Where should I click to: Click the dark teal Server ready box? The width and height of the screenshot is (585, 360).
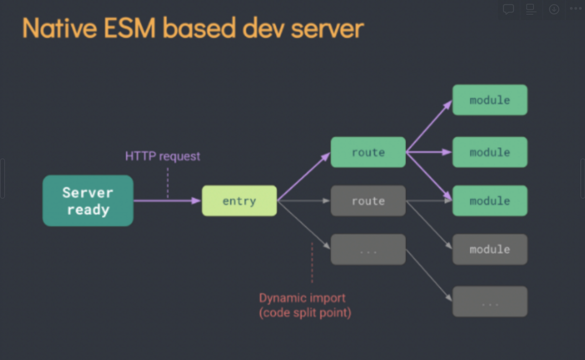(88, 201)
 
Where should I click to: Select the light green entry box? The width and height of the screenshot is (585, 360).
(239, 201)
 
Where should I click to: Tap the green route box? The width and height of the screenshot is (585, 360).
(368, 152)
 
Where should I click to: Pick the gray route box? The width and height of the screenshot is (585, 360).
(368, 201)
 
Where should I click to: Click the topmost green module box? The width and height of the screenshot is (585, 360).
(490, 100)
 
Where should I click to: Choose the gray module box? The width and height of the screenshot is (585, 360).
(490, 249)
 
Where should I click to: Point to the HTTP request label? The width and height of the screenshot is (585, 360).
(162, 156)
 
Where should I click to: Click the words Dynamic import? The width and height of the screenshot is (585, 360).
(302, 298)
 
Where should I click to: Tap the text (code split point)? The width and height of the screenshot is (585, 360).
(305, 313)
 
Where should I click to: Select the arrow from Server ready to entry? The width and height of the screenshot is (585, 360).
(168, 201)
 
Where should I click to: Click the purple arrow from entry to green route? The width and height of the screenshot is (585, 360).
(304, 176)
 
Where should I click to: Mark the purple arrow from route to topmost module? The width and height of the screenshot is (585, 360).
(429, 126)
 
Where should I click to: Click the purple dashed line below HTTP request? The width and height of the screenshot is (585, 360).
(168, 182)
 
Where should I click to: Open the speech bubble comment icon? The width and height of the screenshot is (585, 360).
(508, 9)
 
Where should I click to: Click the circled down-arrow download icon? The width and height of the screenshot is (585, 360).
(554, 9)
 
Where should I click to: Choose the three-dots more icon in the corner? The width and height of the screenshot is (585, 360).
(576, 8)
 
